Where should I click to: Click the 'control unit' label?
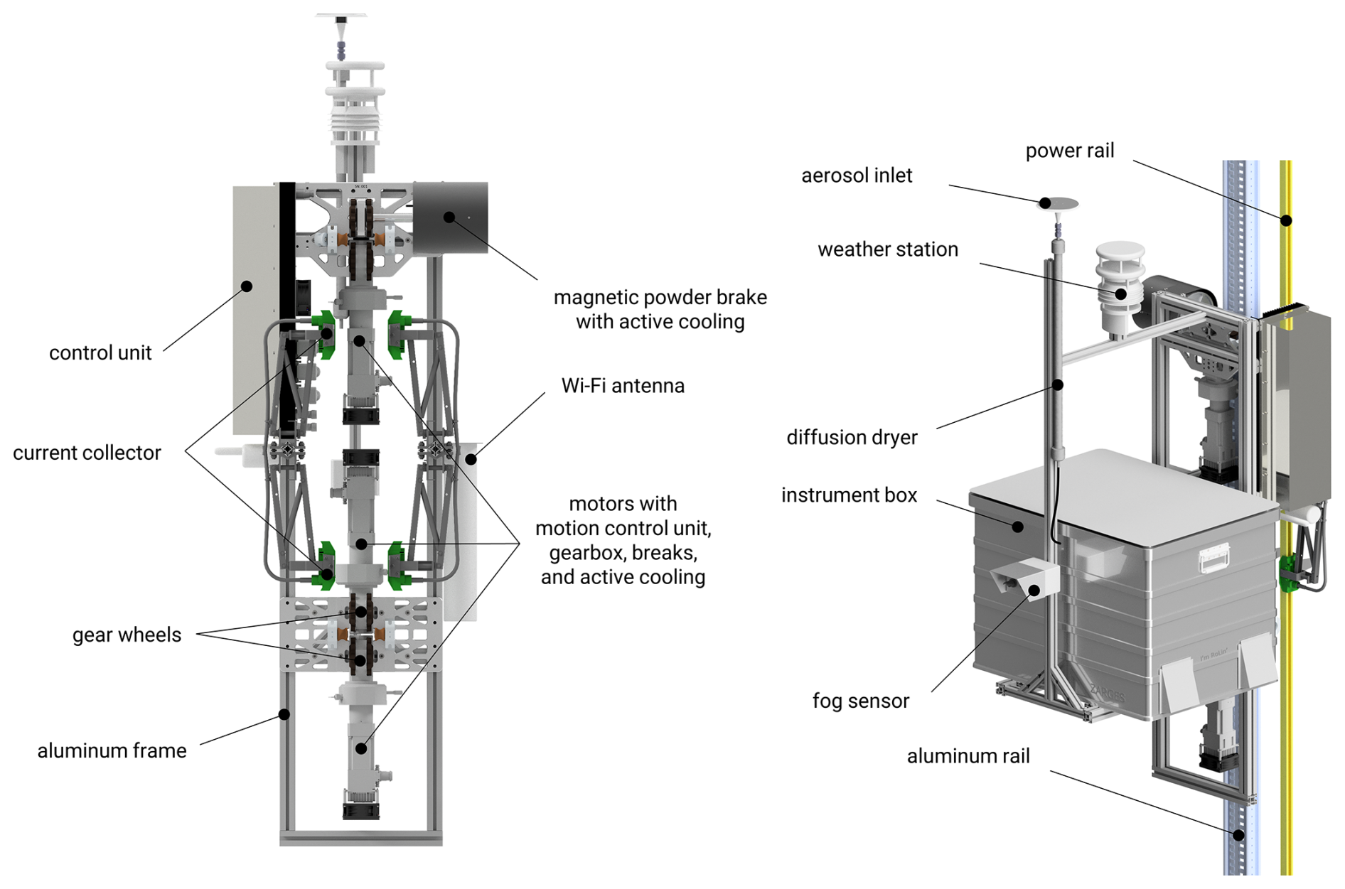coord(100,353)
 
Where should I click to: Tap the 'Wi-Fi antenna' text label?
coord(623,386)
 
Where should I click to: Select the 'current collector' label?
coord(87,453)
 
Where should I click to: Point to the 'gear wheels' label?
coord(127,635)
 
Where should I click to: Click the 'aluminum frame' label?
coord(112,750)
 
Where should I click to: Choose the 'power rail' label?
coord(1069,151)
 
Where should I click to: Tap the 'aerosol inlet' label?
coord(857,176)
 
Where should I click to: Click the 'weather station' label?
coord(888,249)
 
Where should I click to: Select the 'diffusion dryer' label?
coord(852,437)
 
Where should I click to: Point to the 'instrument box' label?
coord(849,495)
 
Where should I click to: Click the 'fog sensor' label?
coord(861,701)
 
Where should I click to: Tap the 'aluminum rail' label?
coord(968,756)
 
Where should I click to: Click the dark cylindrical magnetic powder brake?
coord(451,217)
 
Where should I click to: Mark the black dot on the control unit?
coord(247,286)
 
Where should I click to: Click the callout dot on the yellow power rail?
coord(1286,220)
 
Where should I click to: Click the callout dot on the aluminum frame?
coord(284,714)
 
